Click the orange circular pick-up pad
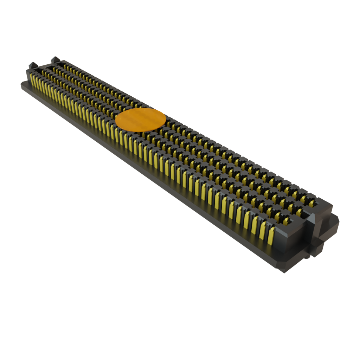coord(140,120)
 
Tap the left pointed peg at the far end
coord(32,66)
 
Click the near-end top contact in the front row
coord(286,221)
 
